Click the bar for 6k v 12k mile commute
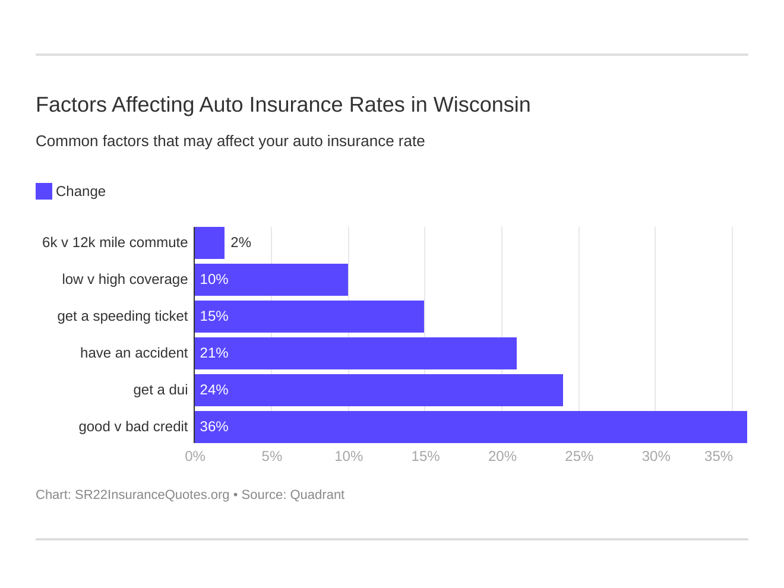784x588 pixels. click(210, 243)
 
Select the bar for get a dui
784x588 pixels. click(378, 390)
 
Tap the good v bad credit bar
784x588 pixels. click(470, 427)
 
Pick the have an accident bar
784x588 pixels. click(355, 353)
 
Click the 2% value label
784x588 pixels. click(241, 243)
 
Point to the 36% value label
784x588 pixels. click(214, 427)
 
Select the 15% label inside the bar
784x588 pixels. click(214, 317)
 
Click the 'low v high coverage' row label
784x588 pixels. click(125, 280)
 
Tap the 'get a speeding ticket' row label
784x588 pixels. click(122, 317)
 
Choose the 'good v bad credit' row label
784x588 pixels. click(133, 427)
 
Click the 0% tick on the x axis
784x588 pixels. click(195, 457)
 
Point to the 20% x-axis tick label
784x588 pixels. click(502, 457)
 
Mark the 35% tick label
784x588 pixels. click(718, 457)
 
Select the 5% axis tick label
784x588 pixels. click(271, 457)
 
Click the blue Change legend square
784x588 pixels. click(44, 191)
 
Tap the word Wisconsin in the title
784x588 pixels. click(482, 105)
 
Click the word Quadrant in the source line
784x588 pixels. click(317, 495)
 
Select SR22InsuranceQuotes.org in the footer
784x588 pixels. click(152, 495)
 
